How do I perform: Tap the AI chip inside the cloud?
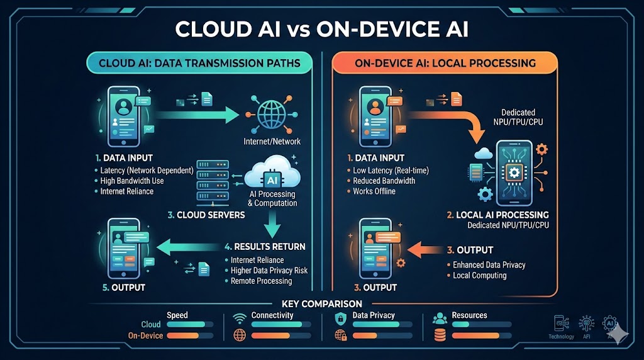pos(272,180)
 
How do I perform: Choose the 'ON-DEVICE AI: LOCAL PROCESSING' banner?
pos(445,63)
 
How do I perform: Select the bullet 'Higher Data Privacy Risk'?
pos(269,271)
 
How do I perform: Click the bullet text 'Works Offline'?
pos(374,191)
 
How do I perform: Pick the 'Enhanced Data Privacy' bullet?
pos(489,265)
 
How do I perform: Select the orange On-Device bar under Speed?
pos(187,335)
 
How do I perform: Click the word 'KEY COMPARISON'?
pos(322,304)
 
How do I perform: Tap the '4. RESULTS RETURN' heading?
pos(265,246)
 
